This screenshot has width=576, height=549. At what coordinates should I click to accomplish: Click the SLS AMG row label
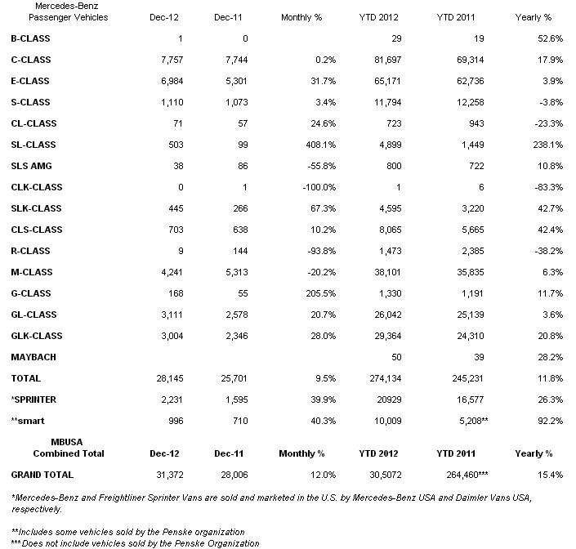tap(30, 166)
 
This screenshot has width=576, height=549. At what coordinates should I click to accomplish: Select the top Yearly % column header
tap(534, 17)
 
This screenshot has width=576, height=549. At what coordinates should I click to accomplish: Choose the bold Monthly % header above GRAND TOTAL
tap(301, 453)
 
